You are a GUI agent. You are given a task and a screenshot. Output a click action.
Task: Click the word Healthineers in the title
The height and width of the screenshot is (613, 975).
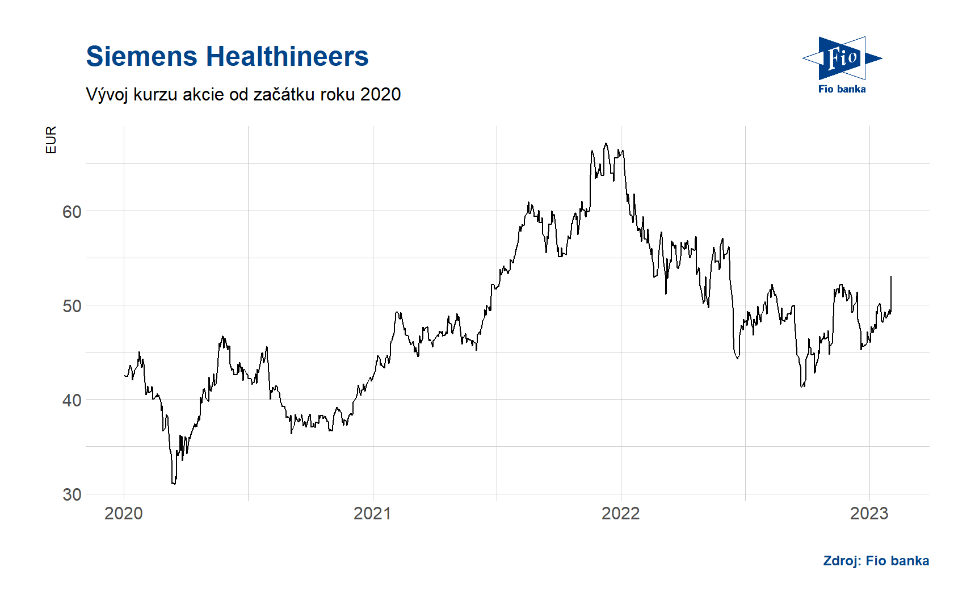(x=287, y=57)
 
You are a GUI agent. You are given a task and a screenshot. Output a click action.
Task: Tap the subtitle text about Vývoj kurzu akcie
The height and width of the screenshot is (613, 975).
(x=243, y=94)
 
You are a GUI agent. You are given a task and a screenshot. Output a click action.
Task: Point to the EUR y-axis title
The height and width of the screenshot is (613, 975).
(x=51, y=140)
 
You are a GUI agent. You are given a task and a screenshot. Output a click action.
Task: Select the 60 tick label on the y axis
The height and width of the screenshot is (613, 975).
(x=72, y=212)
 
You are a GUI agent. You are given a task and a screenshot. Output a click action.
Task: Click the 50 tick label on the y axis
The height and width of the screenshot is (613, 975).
(x=72, y=306)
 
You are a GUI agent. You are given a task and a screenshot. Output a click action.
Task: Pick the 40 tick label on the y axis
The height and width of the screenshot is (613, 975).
(x=72, y=400)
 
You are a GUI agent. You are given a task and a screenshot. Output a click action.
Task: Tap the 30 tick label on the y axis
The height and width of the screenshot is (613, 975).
(x=72, y=494)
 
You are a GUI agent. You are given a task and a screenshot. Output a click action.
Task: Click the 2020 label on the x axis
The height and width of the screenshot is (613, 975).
(x=124, y=513)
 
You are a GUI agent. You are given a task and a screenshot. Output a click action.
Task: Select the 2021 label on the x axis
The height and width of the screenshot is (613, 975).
(x=372, y=513)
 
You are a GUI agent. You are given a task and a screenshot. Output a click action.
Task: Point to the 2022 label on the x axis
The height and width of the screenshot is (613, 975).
(x=620, y=513)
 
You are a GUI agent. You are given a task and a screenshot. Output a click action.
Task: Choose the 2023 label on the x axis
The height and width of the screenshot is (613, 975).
(x=869, y=513)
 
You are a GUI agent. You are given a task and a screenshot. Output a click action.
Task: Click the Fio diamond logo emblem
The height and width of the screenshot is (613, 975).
(x=842, y=58)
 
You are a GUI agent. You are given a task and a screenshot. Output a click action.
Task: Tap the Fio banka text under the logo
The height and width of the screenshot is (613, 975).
(x=842, y=89)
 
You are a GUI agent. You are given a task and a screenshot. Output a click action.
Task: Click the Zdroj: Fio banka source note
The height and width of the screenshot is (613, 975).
(x=876, y=561)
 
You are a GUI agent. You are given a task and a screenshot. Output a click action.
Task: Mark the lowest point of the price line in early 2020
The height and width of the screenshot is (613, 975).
(x=173, y=484)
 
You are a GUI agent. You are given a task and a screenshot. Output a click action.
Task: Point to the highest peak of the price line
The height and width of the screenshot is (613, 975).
(x=606, y=144)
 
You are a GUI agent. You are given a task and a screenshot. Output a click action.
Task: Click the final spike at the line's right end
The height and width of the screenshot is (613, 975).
(x=891, y=277)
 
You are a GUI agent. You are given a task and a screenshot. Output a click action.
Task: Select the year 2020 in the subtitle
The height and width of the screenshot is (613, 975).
(x=380, y=94)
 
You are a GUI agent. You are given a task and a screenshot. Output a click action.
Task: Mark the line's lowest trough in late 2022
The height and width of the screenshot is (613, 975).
(x=802, y=387)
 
